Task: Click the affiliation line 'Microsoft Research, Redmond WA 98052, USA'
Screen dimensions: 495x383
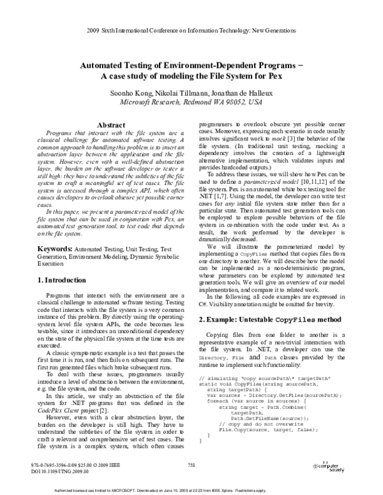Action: [191, 102]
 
